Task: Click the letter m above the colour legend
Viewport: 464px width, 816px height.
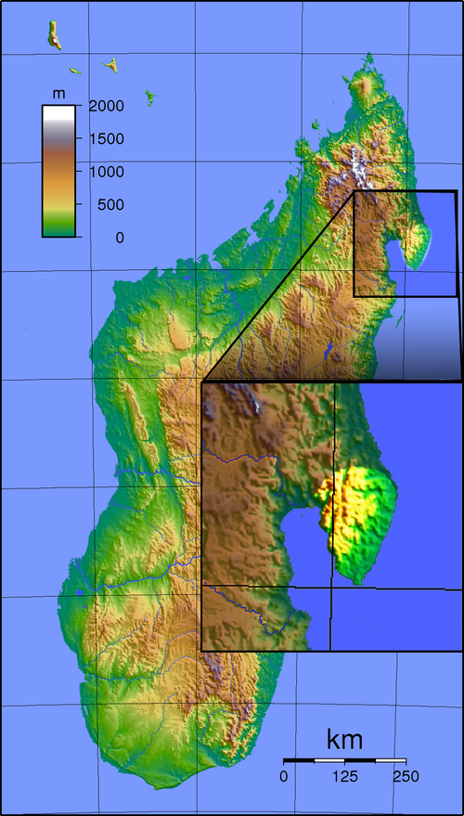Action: coord(58,94)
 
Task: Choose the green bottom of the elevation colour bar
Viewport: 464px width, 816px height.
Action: coord(58,229)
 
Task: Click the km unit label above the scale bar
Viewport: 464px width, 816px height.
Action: coord(344,740)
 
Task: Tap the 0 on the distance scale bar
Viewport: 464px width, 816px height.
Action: coord(285,775)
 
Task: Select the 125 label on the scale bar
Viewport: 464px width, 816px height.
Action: coord(344,775)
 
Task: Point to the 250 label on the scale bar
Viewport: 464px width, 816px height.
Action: coord(405,775)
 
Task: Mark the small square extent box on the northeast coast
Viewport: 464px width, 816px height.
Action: coord(406,243)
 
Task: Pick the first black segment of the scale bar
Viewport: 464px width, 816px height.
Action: coord(300,761)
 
